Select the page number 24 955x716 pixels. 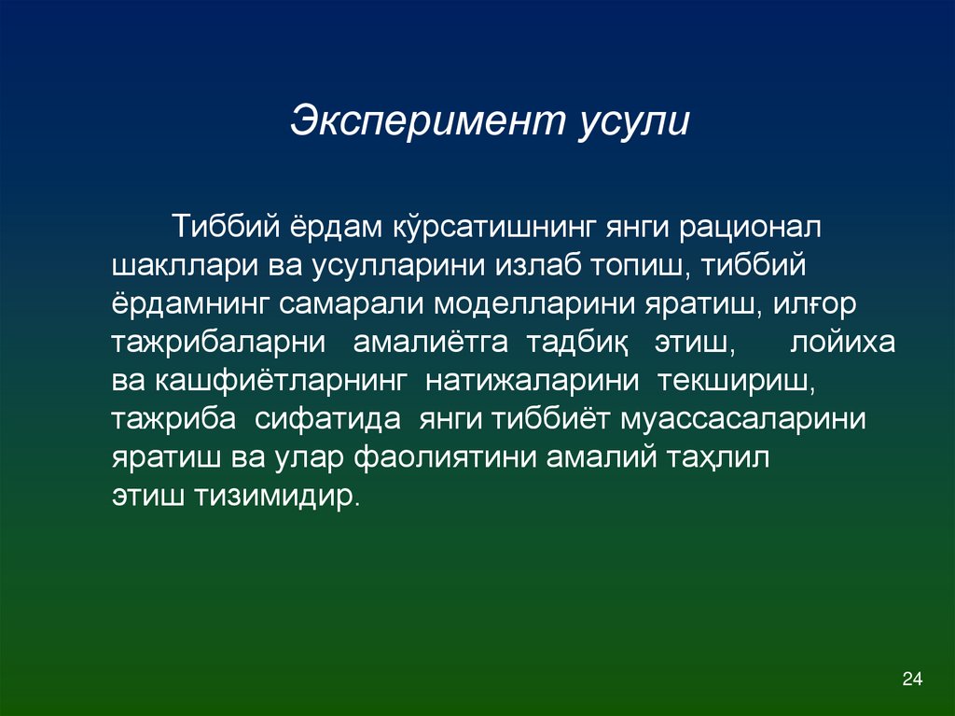(x=911, y=678)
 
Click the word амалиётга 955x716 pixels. (x=430, y=343)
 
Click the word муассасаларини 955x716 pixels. (x=741, y=419)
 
